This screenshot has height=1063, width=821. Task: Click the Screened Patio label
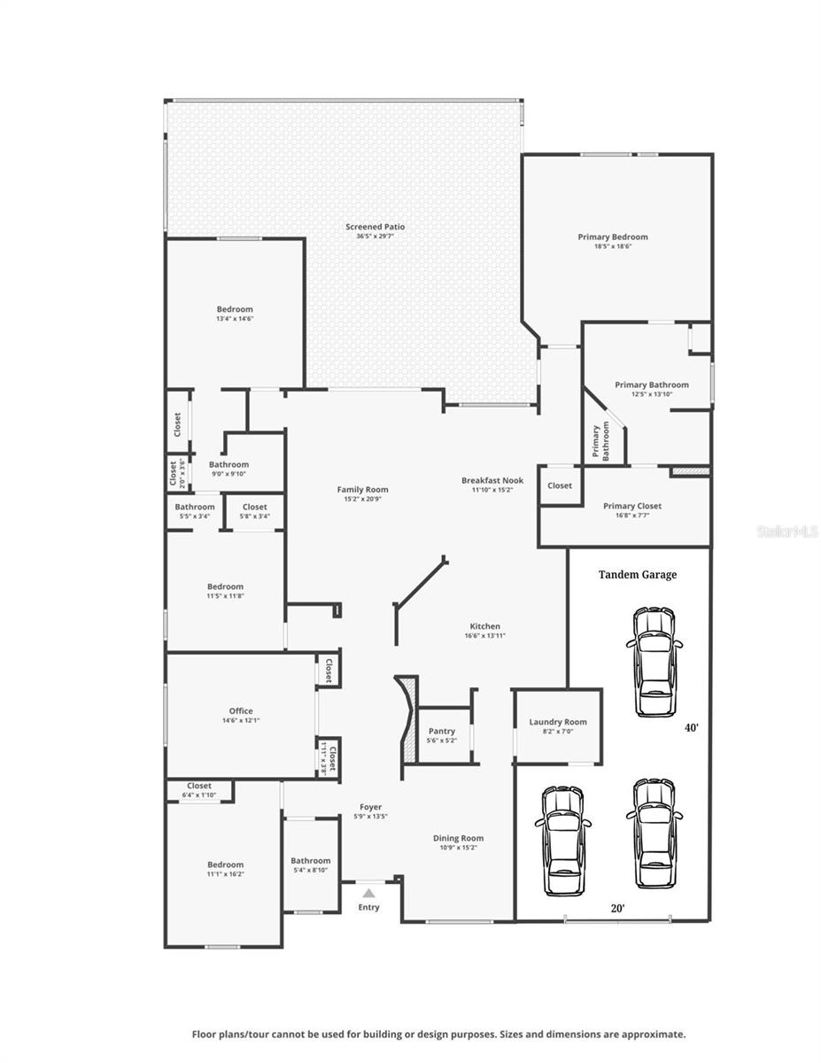click(x=375, y=227)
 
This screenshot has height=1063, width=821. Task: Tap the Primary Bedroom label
click(x=612, y=237)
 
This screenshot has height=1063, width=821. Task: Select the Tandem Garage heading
click(x=637, y=575)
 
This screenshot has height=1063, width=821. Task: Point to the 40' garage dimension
click(x=691, y=727)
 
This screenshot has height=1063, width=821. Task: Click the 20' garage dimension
click(x=617, y=908)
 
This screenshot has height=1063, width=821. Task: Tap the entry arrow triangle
click(x=368, y=894)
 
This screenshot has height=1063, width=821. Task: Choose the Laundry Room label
click(x=558, y=722)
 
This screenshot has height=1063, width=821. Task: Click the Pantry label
click(x=441, y=731)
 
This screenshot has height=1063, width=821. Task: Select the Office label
click(x=241, y=710)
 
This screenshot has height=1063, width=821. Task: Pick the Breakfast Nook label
click(x=492, y=480)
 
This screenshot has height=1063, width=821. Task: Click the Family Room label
click(x=362, y=489)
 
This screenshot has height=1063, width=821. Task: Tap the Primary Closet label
click(x=632, y=506)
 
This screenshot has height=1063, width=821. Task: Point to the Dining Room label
click(x=458, y=838)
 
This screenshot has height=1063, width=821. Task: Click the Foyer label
click(x=370, y=807)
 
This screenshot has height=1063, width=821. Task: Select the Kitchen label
click(x=484, y=626)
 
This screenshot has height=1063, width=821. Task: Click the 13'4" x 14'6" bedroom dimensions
click(x=235, y=319)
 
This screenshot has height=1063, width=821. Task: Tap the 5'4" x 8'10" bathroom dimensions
click(x=310, y=870)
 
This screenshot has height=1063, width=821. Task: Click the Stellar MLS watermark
click(x=786, y=531)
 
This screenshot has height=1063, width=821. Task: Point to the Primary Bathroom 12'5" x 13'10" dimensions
click(x=652, y=394)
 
